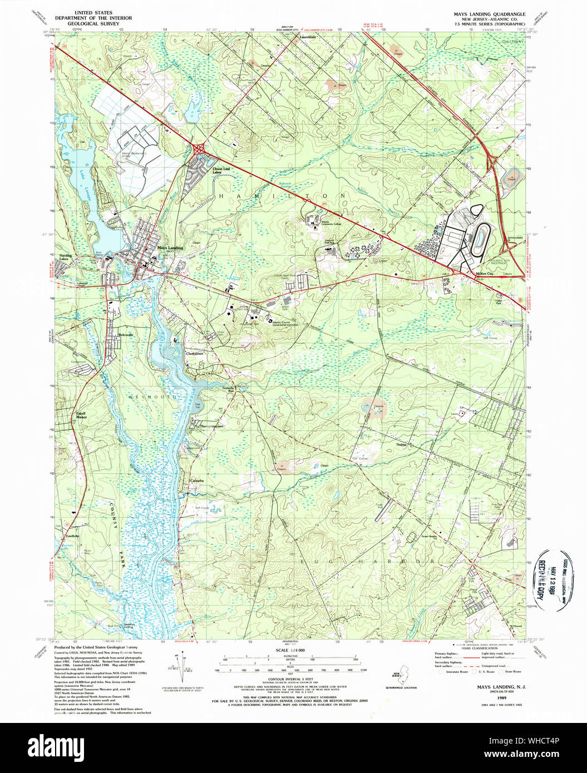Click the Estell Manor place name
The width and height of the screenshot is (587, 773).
[x=82, y=415]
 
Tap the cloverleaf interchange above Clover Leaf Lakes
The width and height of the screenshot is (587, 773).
[x=199, y=148]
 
